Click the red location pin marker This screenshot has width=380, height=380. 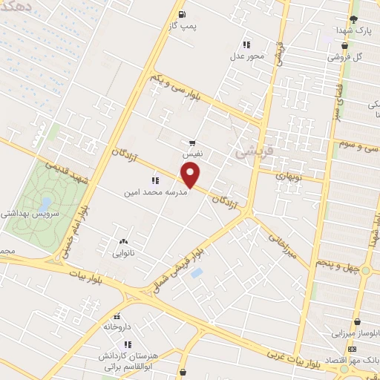pyautogui.click(x=191, y=175)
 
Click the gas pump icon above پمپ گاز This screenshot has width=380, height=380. pyautogui.click(x=182, y=13)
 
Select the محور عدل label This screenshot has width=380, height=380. pyautogui.click(x=247, y=56)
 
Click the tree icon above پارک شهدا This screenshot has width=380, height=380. pyautogui.click(x=354, y=19)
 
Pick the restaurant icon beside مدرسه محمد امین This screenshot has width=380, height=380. pyautogui.click(x=155, y=180)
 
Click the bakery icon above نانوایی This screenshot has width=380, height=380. pyautogui.click(x=122, y=241)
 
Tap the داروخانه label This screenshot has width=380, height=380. pyautogui.click(x=117, y=326)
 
